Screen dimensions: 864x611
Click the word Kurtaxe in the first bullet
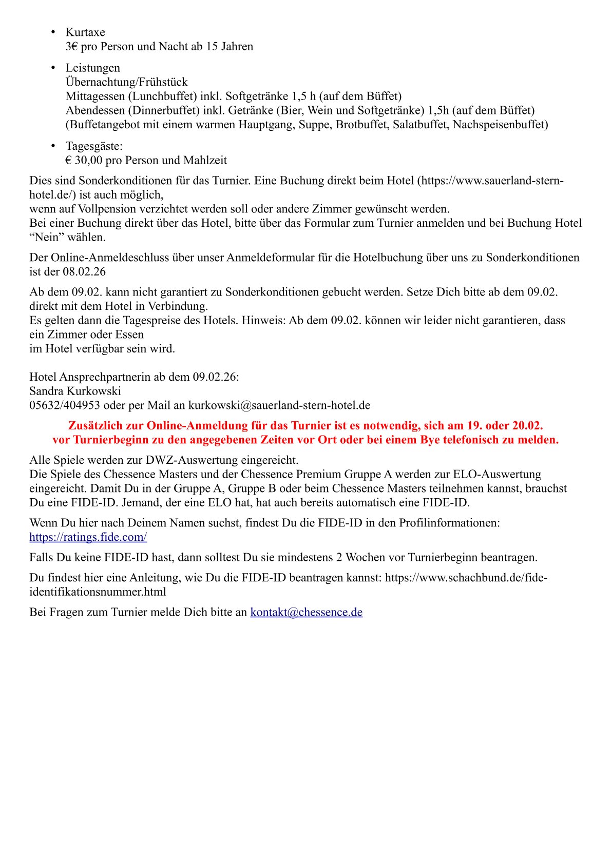click(x=85, y=32)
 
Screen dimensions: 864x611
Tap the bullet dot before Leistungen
click(x=53, y=68)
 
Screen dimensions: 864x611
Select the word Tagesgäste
click(x=93, y=146)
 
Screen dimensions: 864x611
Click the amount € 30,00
click(x=84, y=160)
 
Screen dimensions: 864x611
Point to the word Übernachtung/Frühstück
click(x=126, y=82)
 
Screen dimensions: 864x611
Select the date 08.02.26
click(x=84, y=272)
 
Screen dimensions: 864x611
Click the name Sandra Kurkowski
click(x=75, y=391)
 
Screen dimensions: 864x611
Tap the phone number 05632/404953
click(x=65, y=405)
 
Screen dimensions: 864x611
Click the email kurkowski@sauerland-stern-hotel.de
click(x=279, y=405)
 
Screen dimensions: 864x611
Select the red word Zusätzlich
click(x=105, y=426)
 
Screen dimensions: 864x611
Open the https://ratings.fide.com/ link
click(x=88, y=537)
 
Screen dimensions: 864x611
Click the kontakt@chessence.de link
click(x=306, y=612)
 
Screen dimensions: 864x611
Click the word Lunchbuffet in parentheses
click(x=163, y=96)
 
